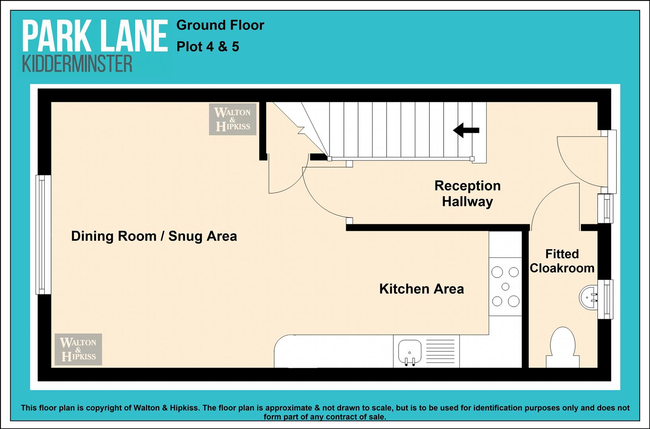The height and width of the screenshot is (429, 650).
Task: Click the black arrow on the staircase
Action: [466, 130]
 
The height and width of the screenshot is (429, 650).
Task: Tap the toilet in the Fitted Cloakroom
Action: [563, 347]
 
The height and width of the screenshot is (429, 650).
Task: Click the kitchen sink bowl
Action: [410, 352]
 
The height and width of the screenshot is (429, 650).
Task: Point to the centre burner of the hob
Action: [505, 286]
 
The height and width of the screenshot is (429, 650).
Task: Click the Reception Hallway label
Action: [468, 193]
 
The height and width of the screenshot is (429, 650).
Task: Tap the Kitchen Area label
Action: [422, 289]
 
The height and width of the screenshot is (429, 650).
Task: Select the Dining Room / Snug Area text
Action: [154, 236]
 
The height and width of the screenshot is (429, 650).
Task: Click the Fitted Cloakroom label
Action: [562, 261]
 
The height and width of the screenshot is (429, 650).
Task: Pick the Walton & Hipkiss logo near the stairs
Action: [233, 119]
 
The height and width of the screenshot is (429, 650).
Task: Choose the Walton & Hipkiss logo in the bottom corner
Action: [78, 349]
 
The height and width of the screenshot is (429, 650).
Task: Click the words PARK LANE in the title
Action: [95, 36]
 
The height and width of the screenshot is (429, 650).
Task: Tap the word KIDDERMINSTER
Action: [77, 64]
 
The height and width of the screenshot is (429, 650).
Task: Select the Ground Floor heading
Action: [220, 25]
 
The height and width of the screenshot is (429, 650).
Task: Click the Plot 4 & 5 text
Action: [208, 47]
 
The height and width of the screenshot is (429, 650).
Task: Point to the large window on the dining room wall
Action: [43, 235]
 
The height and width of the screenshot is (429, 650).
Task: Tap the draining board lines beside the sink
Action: [441, 351]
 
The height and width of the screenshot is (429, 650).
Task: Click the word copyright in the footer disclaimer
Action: [105, 408]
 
